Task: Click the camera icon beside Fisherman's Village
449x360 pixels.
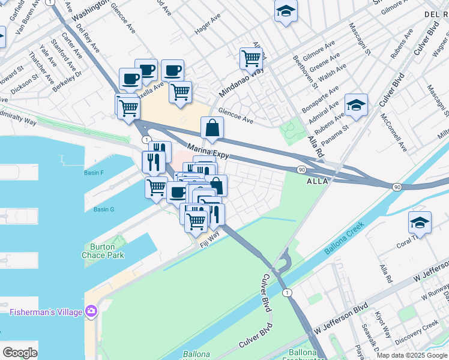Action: [x=91, y=311]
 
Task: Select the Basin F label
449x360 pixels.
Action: [x=94, y=173]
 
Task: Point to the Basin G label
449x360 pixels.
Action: [x=103, y=209]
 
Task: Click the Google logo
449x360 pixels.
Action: [x=20, y=353]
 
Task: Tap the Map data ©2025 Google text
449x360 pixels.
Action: [x=411, y=355]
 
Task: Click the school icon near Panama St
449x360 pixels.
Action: [x=356, y=106]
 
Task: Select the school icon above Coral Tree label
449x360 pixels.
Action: [x=420, y=223]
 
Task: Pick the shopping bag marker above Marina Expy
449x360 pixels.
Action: [x=212, y=128]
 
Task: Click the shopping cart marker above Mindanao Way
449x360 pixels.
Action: [x=251, y=59]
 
